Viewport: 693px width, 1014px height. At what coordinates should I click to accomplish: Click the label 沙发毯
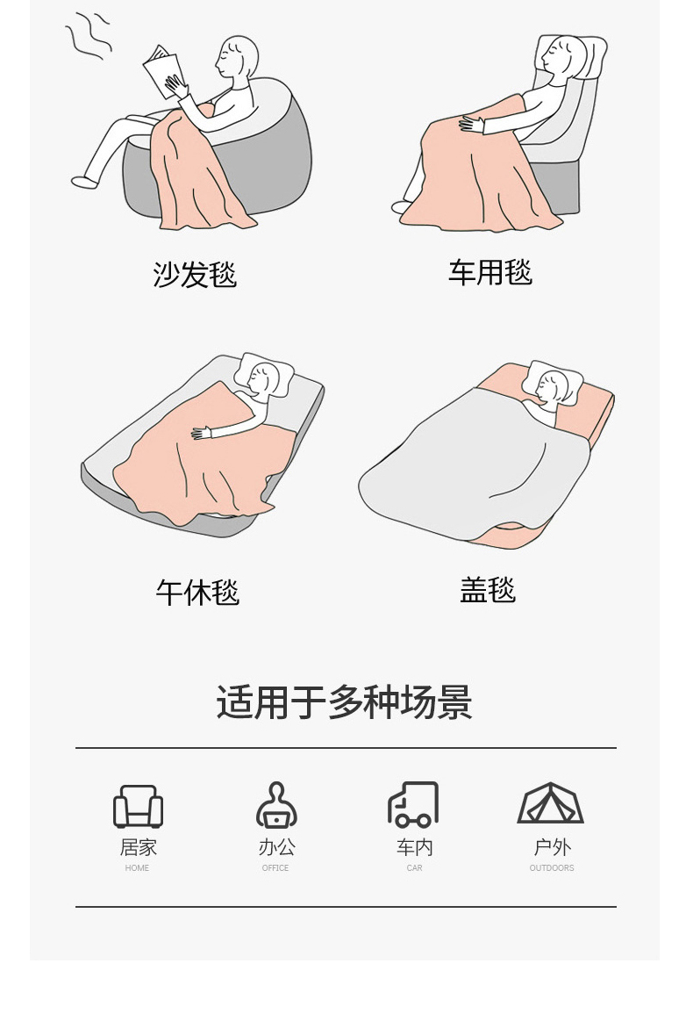pos(195,274)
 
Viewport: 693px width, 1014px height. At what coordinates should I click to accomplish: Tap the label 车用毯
pos(490,272)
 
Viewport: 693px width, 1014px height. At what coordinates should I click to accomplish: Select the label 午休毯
pos(197,592)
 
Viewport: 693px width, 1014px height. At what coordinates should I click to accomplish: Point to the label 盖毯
pos(488,590)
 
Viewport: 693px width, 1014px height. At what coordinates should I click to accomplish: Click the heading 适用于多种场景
pos(345,702)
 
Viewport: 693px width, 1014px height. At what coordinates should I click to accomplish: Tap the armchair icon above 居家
pos(138,807)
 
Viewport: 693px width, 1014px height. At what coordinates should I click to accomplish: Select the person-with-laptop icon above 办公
pos(276,805)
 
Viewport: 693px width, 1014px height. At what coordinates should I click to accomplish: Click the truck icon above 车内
pos(413,804)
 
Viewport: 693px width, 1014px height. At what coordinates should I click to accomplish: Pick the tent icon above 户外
pos(551,803)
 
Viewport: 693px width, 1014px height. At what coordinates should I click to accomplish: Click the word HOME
pos(137,868)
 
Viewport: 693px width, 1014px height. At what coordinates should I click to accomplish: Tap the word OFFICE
pos(275,868)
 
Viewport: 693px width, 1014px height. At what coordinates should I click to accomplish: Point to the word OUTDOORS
pos(552,868)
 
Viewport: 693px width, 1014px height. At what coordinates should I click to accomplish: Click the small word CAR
pos(414,868)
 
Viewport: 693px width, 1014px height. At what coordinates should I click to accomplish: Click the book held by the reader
pos(161,71)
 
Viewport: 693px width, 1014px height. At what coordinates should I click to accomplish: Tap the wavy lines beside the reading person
pos(89,37)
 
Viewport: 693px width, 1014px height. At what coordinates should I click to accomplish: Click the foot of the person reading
pos(85,183)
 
